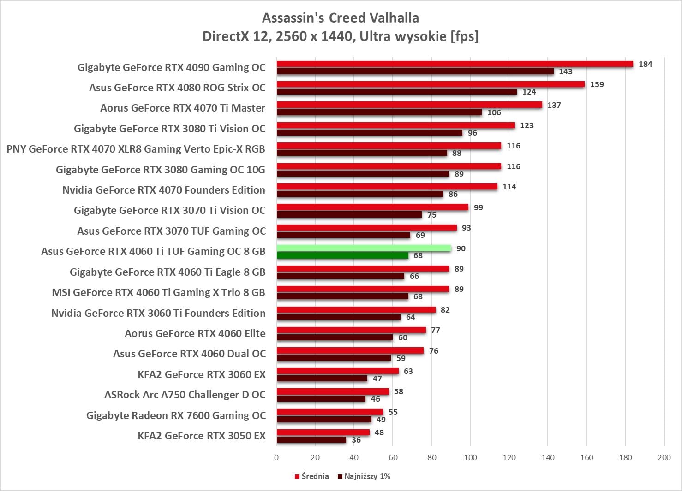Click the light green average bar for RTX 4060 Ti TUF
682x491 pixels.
pos(364,248)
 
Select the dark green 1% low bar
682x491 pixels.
pos(342,255)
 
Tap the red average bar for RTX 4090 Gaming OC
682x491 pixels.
pos(455,64)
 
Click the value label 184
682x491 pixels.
pos(645,64)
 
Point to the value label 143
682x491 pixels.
pos(565,71)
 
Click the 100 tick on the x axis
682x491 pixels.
pos(470,457)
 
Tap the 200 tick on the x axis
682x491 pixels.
pos(664,457)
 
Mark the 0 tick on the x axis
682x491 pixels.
pos(276,457)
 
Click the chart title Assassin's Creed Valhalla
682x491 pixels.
pos(341,18)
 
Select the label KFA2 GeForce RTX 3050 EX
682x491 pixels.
pos(202,436)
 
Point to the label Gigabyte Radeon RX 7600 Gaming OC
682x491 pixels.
pos(176,415)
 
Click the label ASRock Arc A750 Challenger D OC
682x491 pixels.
pos(185,395)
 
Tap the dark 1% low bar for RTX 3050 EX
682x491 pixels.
pos(311,440)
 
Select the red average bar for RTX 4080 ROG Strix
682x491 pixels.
pos(431,84)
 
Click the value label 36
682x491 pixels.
pos(356,440)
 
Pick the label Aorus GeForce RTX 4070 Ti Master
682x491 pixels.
pos(183,108)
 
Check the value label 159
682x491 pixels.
pos(597,84)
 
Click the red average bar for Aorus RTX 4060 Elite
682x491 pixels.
pos(351,330)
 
